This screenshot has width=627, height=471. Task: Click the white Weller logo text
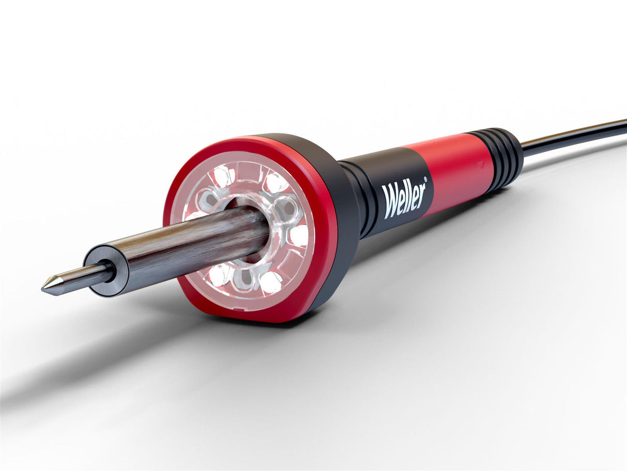coord(404,196)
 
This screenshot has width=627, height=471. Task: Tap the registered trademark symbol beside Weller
coord(426,179)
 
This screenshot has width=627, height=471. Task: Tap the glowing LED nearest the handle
coord(299,235)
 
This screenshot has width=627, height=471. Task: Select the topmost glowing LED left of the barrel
coord(224,176)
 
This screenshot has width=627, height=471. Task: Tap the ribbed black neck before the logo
coord(362,196)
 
